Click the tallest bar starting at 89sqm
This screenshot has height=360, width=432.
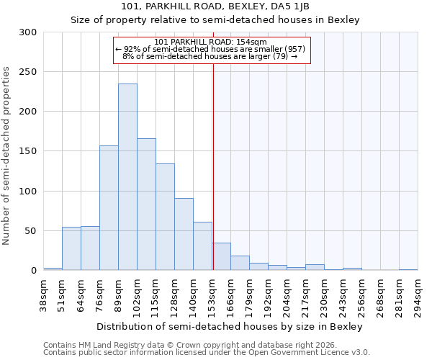click(127, 177)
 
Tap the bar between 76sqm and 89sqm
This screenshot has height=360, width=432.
click(109, 208)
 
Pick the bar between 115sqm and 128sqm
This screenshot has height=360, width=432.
click(165, 217)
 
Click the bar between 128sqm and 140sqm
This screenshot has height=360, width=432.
click(184, 234)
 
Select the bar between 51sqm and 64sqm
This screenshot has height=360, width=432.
click(71, 248)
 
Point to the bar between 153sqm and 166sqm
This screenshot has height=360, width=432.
click(221, 257)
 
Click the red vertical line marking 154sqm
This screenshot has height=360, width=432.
click(213, 158)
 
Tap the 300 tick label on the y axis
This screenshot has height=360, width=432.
click(28, 32)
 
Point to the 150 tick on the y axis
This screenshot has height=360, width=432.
click(28, 151)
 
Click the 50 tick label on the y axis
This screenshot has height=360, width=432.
click(31, 231)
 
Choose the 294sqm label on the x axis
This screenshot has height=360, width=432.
click(418, 294)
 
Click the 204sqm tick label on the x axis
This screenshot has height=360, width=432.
click(287, 294)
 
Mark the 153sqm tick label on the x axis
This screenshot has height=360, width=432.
click(212, 294)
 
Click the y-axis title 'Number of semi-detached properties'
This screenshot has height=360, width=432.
click(6, 156)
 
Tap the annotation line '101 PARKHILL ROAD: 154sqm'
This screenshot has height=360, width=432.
click(211, 42)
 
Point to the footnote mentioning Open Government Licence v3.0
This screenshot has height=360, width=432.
click(207, 353)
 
